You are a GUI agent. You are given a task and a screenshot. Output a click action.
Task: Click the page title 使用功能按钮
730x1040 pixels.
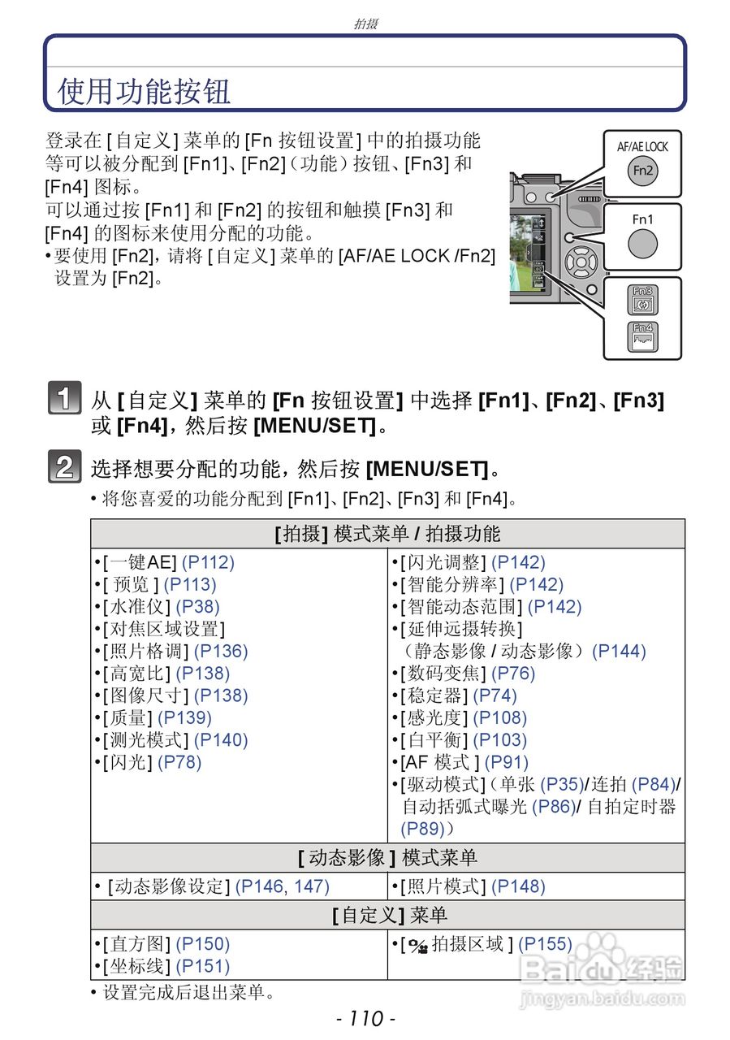(145, 91)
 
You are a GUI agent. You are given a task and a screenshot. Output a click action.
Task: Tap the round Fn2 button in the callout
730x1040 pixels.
(642, 171)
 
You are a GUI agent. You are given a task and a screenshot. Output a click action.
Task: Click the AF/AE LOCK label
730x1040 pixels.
(642, 147)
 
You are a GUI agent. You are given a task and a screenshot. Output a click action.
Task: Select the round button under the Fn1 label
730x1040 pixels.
(642, 244)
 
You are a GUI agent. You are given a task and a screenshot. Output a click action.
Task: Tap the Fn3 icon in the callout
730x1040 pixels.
(642, 301)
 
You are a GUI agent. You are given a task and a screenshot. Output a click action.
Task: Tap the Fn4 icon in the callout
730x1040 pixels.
(642, 337)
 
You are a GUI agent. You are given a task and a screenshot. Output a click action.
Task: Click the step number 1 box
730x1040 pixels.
(64, 400)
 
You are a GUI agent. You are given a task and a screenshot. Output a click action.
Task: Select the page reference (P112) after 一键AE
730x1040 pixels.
(207, 562)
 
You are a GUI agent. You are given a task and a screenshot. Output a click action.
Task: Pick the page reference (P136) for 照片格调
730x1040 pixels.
(221, 651)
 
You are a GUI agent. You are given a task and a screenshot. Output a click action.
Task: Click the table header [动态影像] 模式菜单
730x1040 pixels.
(387, 858)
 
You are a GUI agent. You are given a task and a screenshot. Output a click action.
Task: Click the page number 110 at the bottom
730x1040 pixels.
(365, 1018)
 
